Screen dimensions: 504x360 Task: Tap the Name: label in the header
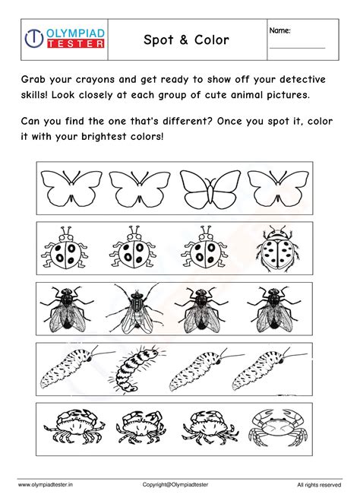[280, 30]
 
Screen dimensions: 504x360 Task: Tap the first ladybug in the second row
[66, 249]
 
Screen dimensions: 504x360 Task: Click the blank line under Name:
[298, 49]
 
